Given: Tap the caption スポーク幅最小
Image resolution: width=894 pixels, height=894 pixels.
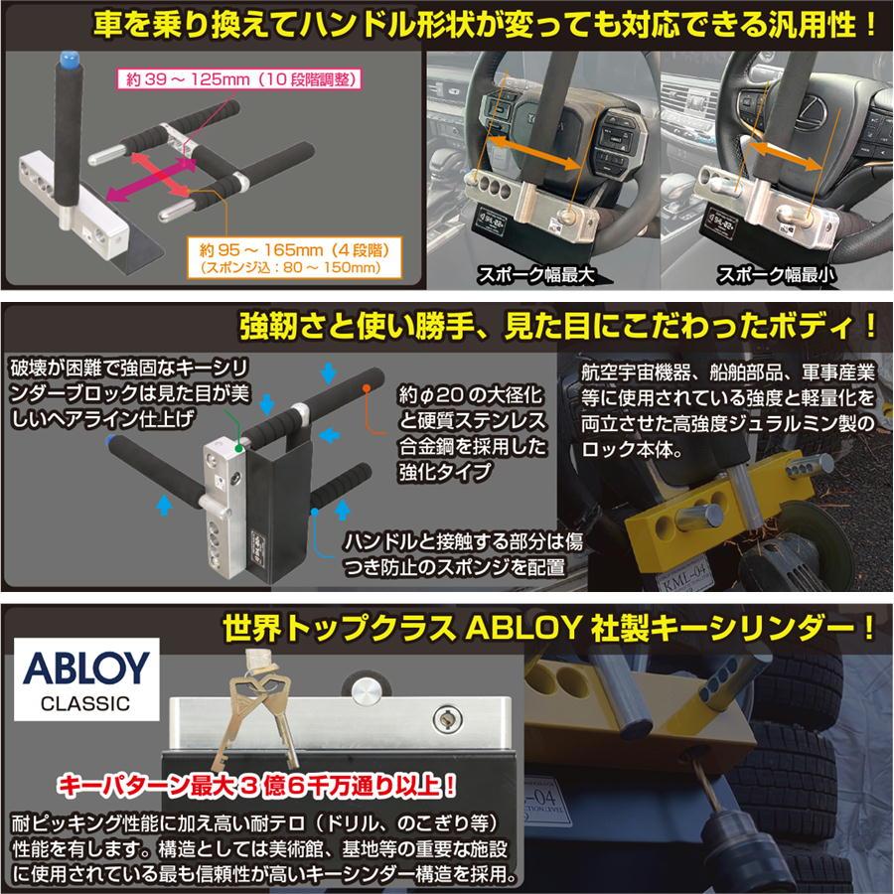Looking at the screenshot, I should pos(776,276).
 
